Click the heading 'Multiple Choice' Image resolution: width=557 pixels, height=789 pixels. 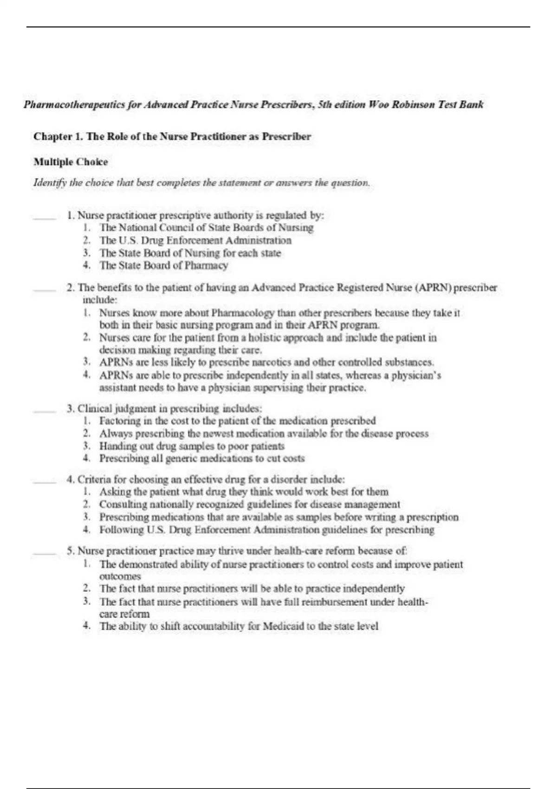[71, 162]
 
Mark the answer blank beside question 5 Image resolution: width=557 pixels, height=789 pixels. [44, 552]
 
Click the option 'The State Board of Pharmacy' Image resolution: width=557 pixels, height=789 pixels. [163, 265]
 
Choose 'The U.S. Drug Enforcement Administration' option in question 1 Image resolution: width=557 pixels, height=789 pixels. [195, 240]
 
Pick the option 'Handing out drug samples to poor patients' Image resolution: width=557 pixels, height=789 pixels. [191, 446]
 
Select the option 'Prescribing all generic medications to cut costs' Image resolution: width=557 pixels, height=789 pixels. [202, 459]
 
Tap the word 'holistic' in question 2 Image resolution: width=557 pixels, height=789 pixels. [257, 337]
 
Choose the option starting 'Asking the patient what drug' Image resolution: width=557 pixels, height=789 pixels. [244, 492]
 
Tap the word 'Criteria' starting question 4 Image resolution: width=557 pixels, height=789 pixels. [95, 479]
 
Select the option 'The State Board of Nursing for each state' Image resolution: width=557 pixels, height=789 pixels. [190, 253]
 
